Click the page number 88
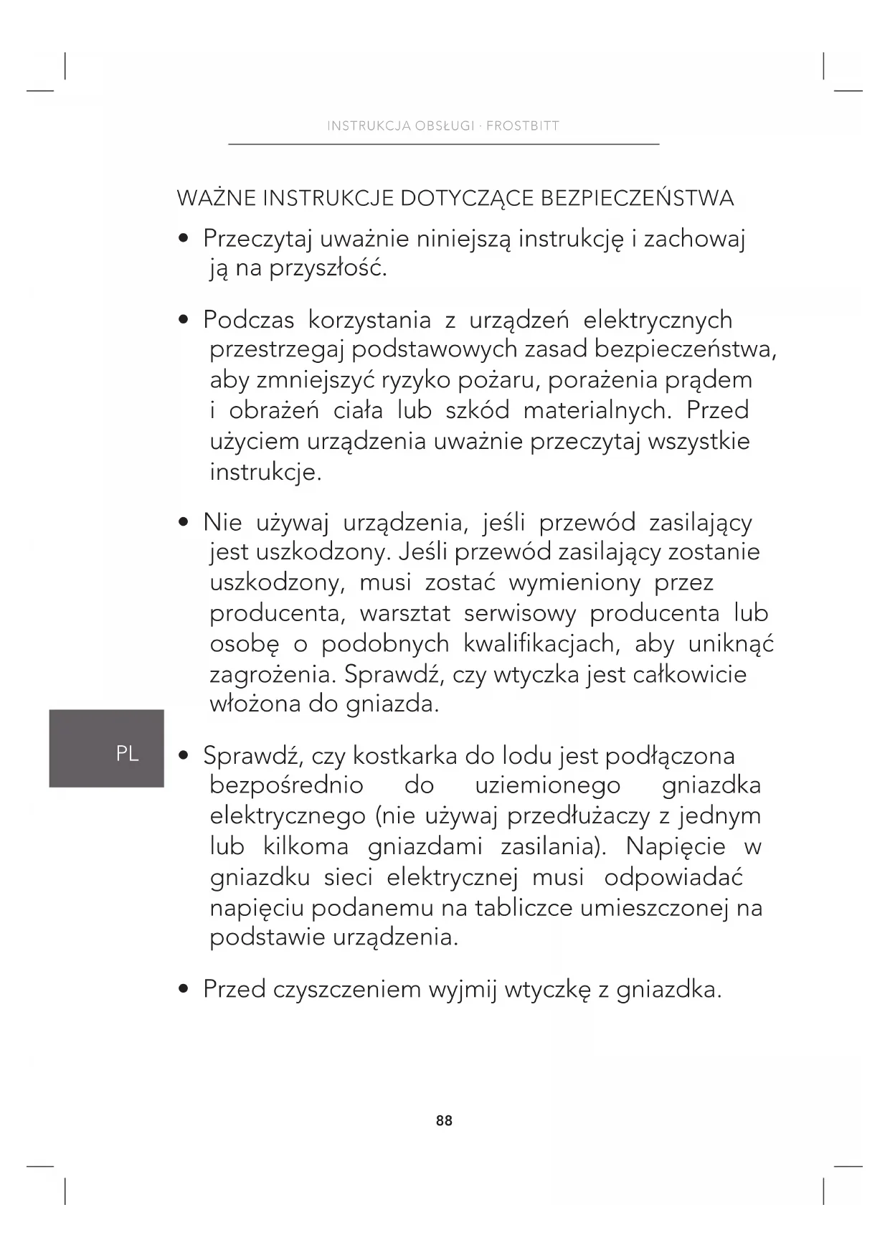444,1120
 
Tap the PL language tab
127,754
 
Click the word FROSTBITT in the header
523,126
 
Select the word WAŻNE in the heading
216,198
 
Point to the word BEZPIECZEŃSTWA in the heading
636,198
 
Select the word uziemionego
547,786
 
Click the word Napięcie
676,846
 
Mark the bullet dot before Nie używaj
184,522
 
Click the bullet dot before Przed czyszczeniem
184,990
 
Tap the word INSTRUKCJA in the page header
368,126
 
